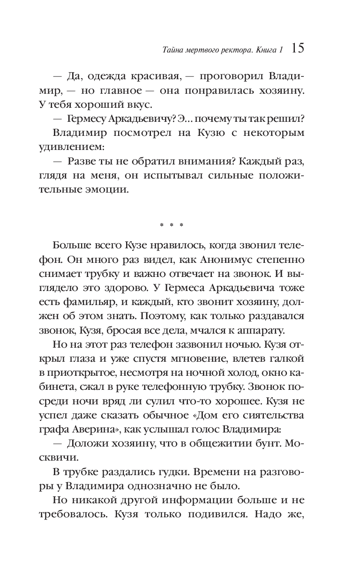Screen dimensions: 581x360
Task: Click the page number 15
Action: (298, 48)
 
